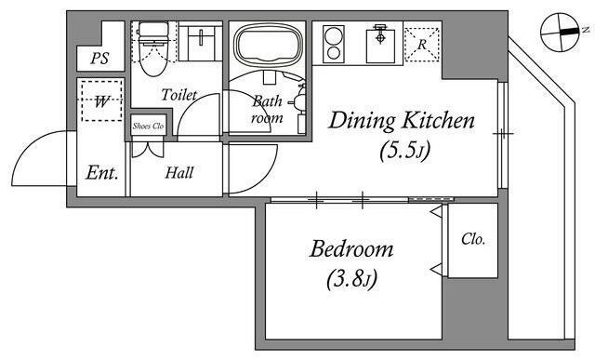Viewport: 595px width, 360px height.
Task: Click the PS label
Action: pos(99,58)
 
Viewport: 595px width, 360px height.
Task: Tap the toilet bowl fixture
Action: pos(153,48)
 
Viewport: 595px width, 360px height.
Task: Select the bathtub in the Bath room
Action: pos(268,46)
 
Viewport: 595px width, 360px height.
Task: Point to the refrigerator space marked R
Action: pos(422,45)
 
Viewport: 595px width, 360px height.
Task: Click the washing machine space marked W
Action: pos(101,100)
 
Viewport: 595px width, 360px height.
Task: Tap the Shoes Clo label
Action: pos(148,127)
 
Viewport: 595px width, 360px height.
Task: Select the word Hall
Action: pos(179,173)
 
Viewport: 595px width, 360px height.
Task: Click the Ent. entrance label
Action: pos(101,173)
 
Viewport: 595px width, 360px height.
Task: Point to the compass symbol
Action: pos(560,33)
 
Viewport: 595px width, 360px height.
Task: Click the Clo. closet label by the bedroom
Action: pos(473,239)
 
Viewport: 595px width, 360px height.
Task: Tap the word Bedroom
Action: pos(351,249)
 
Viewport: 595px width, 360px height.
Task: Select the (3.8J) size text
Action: pos(351,279)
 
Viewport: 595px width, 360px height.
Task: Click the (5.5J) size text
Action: pos(405,151)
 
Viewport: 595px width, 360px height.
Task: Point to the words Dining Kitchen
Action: pos(402,120)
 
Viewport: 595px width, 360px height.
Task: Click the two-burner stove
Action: pos(334,44)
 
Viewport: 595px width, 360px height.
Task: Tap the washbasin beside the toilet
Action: pos(200,42)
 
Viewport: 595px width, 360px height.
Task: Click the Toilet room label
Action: pos(179,95)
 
